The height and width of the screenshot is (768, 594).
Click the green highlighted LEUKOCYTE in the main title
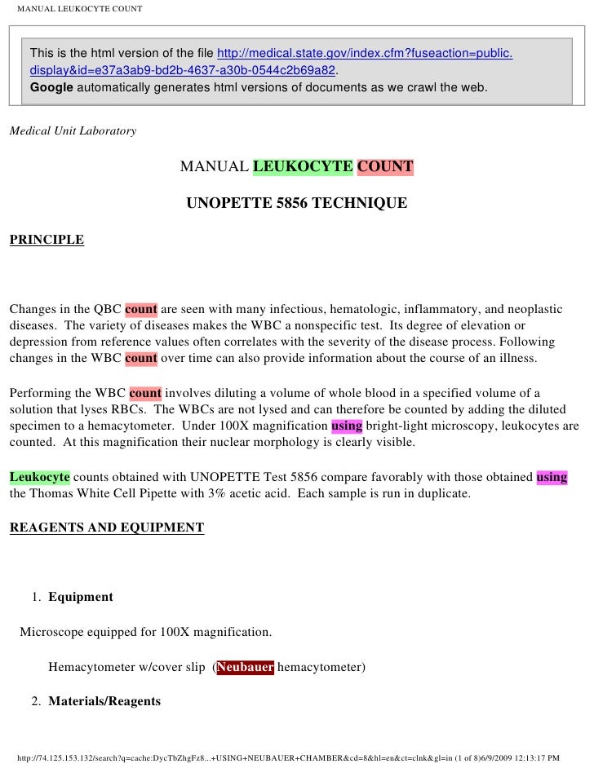303,167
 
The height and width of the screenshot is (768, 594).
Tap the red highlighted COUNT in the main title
385,167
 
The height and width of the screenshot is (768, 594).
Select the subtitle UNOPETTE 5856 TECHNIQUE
297,202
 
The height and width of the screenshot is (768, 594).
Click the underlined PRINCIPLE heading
47,240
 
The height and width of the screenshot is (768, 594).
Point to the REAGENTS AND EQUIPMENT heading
107,527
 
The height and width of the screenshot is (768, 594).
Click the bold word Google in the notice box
51,86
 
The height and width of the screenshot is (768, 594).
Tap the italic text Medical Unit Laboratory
73,130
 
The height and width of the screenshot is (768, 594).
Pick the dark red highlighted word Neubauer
245,667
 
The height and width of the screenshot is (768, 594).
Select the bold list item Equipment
81,597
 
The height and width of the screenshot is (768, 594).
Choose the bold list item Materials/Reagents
104,701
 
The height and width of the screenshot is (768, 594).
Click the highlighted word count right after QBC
141,310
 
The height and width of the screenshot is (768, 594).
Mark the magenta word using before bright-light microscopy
347,426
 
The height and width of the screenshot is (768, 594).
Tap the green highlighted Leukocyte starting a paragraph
39,477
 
